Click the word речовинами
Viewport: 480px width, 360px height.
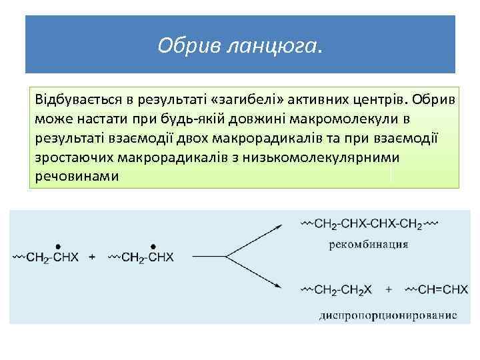pos(76,177)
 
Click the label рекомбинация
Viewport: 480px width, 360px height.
pos(368,244)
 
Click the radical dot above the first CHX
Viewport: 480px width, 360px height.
pos(59,245)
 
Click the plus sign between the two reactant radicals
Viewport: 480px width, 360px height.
pos(92,257)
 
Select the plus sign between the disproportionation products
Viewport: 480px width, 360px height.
pos(388,289)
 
